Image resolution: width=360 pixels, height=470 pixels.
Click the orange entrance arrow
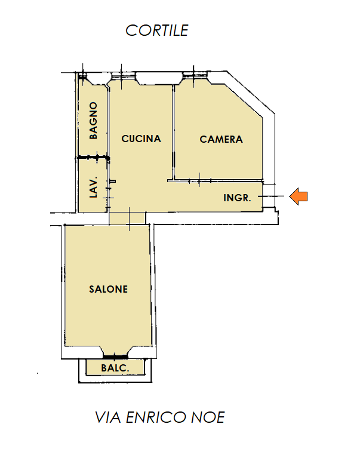(299, 196)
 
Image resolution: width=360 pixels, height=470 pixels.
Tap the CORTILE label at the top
(157, 30)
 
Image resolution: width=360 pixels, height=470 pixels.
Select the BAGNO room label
(93, 121)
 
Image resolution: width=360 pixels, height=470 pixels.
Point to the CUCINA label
(141, 139)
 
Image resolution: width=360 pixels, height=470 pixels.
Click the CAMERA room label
(221, 139)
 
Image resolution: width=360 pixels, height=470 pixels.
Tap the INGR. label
(237, 198)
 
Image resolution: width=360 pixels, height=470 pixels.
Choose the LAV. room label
(94, 187)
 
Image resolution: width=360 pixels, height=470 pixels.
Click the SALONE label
(109, 289)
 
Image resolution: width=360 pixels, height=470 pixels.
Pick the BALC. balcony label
(115, 368)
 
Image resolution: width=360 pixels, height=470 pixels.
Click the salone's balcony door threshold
(115, 357)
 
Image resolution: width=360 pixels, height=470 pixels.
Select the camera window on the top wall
(193, 75)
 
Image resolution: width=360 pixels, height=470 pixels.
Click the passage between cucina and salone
(127, 219)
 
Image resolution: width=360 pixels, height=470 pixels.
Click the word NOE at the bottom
(208, 417)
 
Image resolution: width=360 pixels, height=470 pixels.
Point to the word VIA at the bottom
(108, 417)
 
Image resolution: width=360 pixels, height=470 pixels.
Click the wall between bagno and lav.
(93, 157)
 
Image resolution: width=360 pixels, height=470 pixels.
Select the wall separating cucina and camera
(173, 133)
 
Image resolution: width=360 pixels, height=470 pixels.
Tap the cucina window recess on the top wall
(159, 79)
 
